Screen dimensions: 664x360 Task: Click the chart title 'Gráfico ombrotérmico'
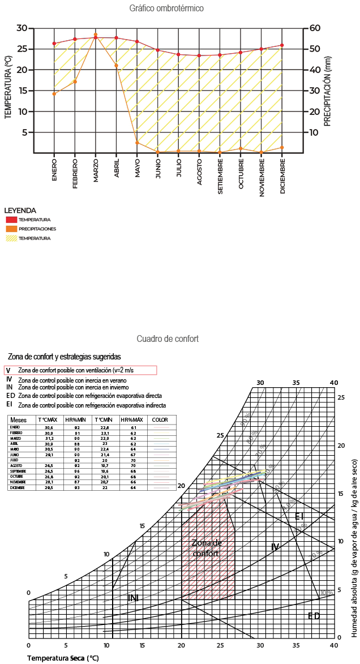click(x=166, y=8)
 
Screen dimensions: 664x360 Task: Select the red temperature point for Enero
click(x=54, y=44)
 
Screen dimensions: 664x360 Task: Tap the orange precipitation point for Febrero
click(x=75, y=82)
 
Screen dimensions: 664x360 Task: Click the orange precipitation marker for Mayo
click(x=137, y=143)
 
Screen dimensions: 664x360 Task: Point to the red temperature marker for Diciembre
click(x=282, y=45)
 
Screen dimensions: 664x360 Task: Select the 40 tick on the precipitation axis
click(x=315, y=70)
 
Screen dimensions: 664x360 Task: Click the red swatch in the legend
click(x=11, y=220)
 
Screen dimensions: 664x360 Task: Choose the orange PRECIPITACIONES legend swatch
click(x=11, y=229)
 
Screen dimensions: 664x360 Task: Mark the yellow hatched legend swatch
click(x=11, y=238)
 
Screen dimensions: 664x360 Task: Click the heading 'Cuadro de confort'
click(x=168, y=339)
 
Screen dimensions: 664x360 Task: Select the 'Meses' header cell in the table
click(x=19, y=420)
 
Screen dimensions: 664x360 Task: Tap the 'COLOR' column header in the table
click(x=161, y=420)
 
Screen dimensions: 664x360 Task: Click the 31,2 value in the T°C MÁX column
click(x=50, y=438)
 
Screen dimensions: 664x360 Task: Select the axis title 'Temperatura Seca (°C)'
click(x=63, y=658)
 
